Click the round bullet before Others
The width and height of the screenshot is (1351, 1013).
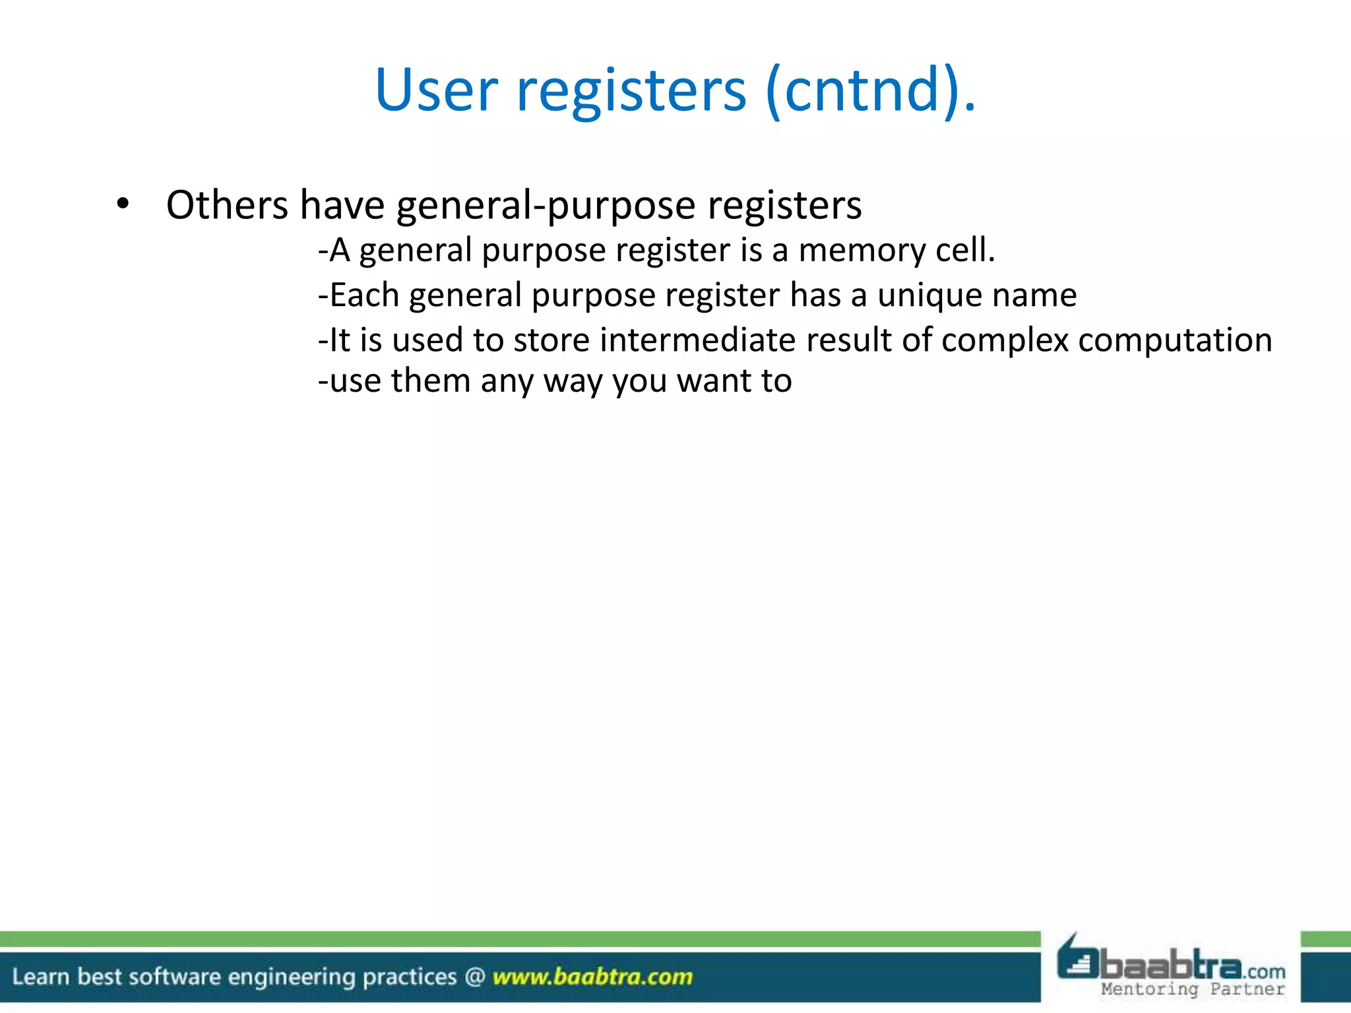coord(123,204)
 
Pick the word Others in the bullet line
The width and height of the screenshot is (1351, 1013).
coord(227,205)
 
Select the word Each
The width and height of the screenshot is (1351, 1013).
coord(363,295)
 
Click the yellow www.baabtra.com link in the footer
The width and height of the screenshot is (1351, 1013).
coord(592,977)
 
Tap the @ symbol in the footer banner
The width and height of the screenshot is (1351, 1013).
coord(475,977)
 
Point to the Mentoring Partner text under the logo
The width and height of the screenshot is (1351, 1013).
coord(1193,989)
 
